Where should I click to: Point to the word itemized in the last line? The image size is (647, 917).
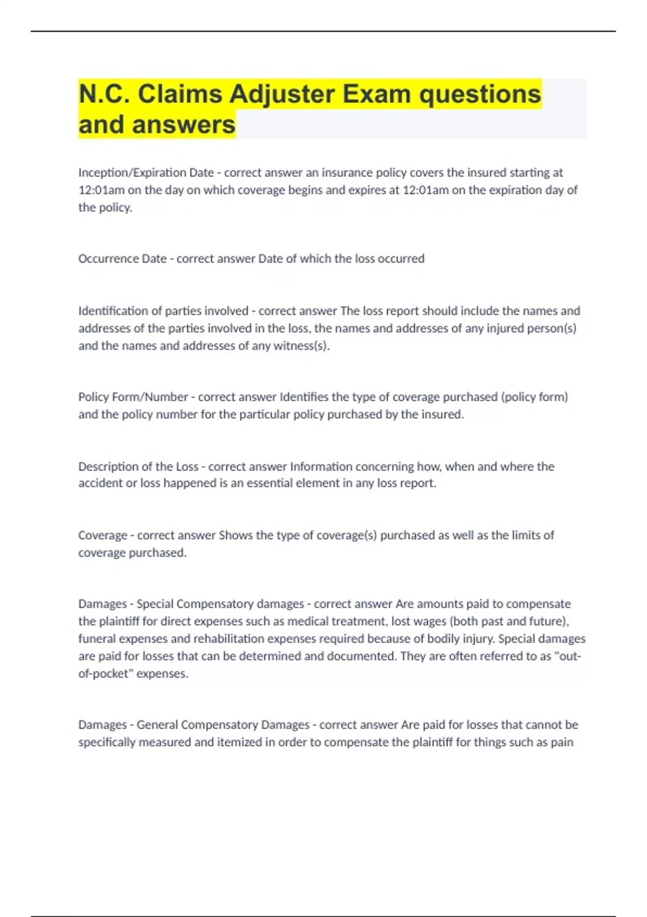(245, 742)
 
